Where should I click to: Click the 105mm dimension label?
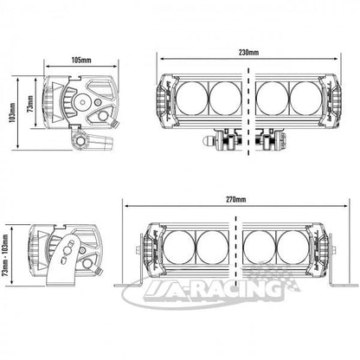tap(81, 60)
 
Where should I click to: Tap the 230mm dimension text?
tap(248, 52)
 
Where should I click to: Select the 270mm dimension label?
tap(236, 199)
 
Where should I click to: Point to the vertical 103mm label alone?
tap(12, 112)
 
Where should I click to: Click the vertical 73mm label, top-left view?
tap(30, 103)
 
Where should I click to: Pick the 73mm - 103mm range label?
tap(6, 255)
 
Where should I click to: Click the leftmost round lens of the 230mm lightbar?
tap(191, 98)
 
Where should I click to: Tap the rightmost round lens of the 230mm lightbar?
tap(305, 98)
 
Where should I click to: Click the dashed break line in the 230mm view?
tap(248, 112)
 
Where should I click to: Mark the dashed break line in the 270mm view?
tap(236, 250)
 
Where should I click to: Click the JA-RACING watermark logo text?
tap(212, 289)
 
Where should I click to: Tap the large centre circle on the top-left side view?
tap(83, 102)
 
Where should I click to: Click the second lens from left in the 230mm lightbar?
tap(226, 98)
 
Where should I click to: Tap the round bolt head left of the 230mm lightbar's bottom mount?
tap(209, 141)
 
